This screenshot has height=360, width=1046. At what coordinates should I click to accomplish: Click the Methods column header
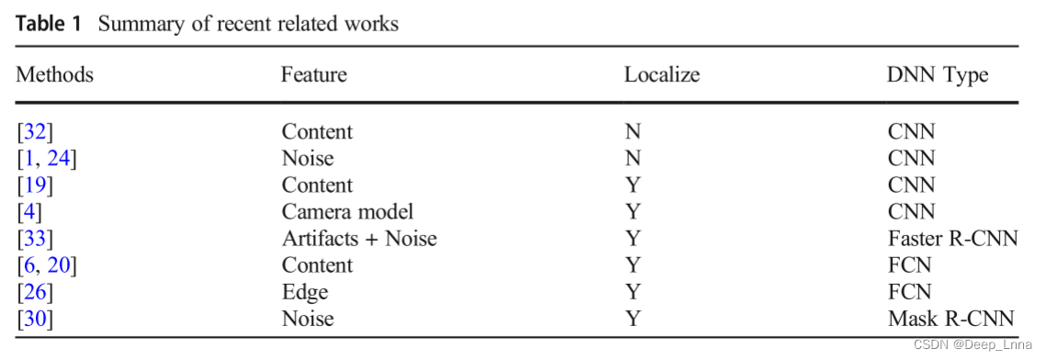54,74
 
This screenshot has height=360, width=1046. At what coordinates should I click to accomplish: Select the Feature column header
313,74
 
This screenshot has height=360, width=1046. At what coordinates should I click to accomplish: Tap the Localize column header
661,74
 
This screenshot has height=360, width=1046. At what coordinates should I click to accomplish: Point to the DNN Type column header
938,74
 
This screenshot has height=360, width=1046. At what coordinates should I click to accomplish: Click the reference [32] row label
35,131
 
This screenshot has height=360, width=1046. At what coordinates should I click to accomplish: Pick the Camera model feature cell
347,211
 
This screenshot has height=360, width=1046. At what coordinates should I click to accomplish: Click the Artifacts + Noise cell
359,239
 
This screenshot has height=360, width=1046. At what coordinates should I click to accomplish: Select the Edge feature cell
304,292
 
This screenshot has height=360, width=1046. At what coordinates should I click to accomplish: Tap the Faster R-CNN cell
952,239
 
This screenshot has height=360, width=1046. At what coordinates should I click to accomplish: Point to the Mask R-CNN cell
950,319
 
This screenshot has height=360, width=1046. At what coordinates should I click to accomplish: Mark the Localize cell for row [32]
632,131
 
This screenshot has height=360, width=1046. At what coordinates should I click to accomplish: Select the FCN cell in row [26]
909,292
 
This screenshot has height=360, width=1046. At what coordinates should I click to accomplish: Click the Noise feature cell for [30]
308,319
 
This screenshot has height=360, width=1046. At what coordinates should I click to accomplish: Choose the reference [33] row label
35,239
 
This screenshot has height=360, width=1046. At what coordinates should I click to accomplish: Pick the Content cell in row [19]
317,185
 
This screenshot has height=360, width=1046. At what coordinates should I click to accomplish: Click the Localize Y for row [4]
632,211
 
